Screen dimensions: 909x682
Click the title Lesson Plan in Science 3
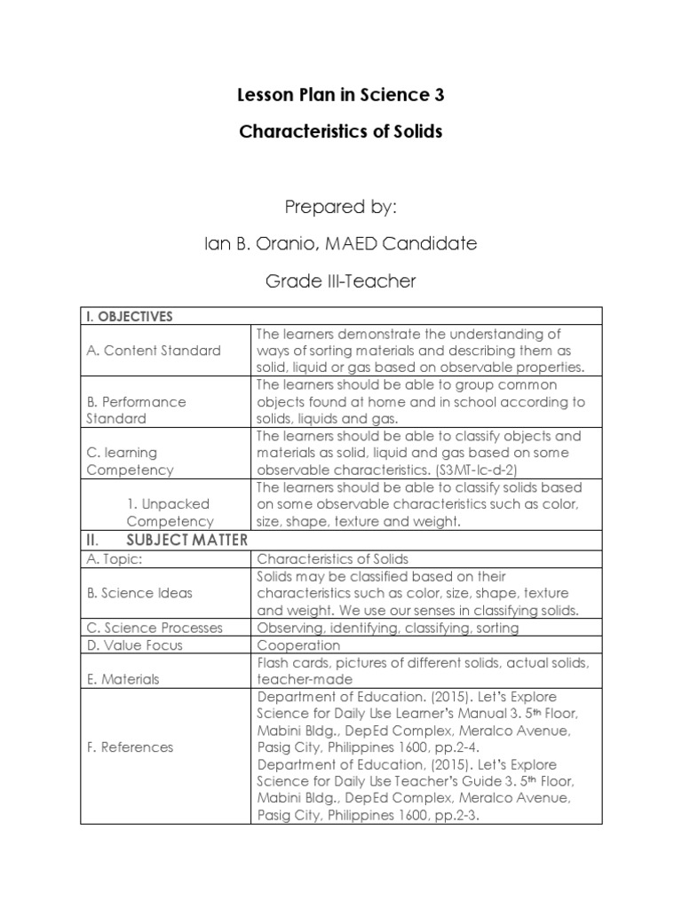point(340,95)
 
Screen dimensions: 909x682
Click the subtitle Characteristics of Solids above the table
point(340,131)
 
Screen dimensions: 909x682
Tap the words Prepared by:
point(340,207)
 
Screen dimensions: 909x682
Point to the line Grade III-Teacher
point(340,281)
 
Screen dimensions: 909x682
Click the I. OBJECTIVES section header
point(130,316)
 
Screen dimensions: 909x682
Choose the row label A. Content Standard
point(154,350)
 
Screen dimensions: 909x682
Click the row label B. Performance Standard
point(136,409)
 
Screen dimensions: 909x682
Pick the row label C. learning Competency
point(130,461)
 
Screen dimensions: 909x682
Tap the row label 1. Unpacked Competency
point(170,512)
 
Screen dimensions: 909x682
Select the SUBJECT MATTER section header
point(187,539)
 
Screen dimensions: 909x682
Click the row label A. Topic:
point(121,559)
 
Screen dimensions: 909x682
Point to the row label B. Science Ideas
point(139,593)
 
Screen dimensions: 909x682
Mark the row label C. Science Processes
point(154,628)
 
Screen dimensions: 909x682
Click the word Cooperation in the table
point(298,645)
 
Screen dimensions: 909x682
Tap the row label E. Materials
point(123,679)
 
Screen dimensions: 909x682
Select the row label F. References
point(130,747)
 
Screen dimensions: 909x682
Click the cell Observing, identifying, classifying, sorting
point(387,628)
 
